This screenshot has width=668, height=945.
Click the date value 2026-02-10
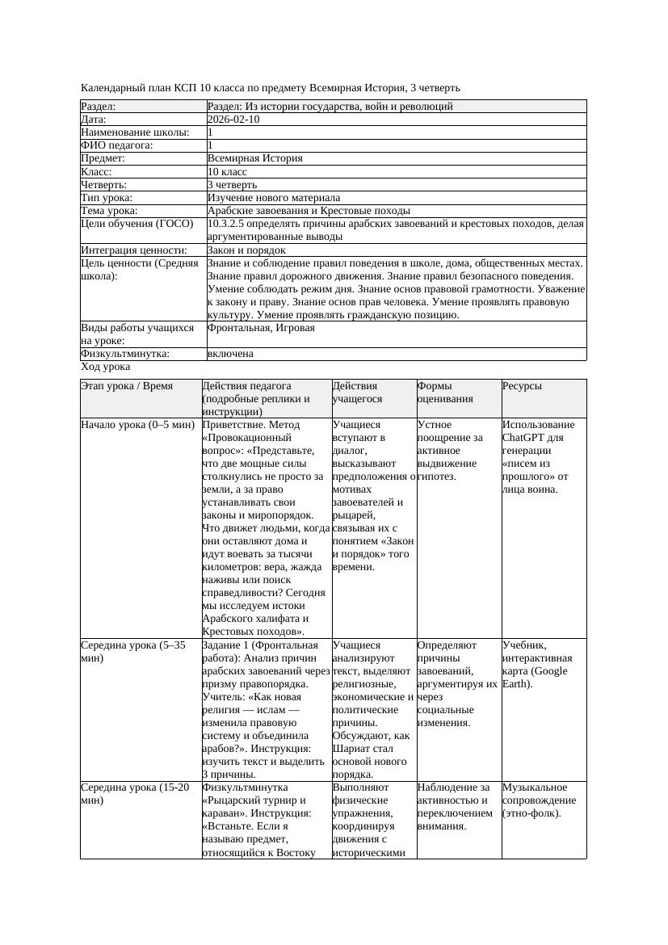[x=233, y=120]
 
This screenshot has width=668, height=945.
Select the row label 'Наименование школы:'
[x=135, y=132]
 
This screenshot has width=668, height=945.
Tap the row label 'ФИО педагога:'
[x=117, y=145]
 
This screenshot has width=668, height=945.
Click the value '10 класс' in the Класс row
[x=227, y=172]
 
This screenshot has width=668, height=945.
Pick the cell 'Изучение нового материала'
[x=274, y=198]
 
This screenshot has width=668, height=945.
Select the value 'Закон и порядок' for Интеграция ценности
[x=246, y=250]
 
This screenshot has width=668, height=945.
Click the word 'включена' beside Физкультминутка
[x=230, y=354]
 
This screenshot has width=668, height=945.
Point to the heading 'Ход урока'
[x=106, y=367]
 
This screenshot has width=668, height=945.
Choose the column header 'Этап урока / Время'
[x=127, y=386]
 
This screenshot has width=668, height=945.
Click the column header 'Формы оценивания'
[x=445, y=393]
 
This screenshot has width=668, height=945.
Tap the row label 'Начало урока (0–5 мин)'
[x=138, y=425]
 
